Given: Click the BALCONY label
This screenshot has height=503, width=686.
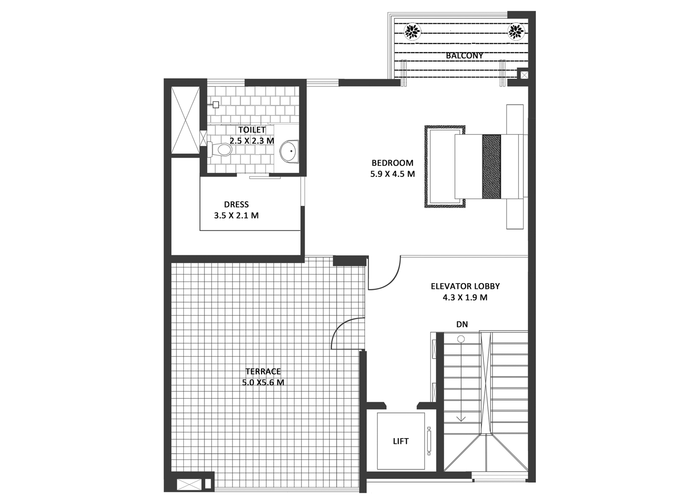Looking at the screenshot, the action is coord(464,56).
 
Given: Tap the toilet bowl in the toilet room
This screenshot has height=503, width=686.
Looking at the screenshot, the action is coord(221,150).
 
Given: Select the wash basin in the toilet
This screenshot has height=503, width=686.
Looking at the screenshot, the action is coord(289,150).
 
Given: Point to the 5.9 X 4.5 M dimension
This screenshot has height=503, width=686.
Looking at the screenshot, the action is coord(392,174).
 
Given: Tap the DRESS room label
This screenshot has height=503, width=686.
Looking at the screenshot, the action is coord(236,204).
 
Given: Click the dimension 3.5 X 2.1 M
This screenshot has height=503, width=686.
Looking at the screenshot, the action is coord(236,215).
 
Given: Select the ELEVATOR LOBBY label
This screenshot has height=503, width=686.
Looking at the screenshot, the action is coord(465,286).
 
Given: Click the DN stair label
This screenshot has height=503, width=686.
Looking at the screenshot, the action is coord(462,324).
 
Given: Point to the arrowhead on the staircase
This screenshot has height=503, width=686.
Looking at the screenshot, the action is coord(461,418).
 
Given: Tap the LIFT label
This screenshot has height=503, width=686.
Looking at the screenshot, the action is coord(401,441).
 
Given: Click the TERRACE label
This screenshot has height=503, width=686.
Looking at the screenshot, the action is coord(263,371).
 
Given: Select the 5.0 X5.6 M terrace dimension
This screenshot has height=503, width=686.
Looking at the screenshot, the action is coord(263,383).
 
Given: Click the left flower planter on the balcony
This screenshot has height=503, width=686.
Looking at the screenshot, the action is coord(412,32).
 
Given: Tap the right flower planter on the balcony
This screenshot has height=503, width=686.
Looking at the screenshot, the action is coord(516,32).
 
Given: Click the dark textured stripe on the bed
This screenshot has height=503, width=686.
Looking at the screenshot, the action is coord(492,166).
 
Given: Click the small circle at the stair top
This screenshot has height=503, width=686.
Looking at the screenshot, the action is coord(461,339).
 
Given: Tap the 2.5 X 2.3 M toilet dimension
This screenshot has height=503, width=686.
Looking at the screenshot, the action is coord(252,141).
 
